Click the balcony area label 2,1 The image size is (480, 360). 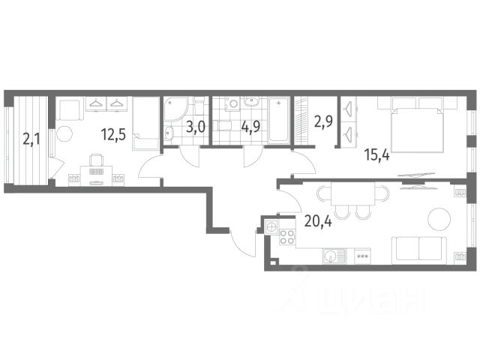[x=31, y=139]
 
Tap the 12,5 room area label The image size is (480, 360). [x=113, y=134]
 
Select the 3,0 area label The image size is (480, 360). [x=195, y=127]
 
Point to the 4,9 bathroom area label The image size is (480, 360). [x=250, y=127]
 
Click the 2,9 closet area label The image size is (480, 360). [x=323, y=121]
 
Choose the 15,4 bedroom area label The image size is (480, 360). [x=376, y=155]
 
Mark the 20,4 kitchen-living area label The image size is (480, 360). [x=318, y=221]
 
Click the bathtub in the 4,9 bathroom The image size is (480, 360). [x=278, y=120]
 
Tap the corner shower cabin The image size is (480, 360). [x=175, y=109]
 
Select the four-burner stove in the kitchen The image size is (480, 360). [x=287, y=237]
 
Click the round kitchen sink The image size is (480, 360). [x=331, y=255]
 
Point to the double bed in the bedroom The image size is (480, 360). [x=418, y=124]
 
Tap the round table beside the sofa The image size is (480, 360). [x=439, y=220]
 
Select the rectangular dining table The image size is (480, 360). [x=353, y=193]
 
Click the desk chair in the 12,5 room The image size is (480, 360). [x=96, y=160]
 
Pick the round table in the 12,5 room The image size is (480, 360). [x=64, y=133]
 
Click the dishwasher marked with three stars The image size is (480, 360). [x=362, y=256]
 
